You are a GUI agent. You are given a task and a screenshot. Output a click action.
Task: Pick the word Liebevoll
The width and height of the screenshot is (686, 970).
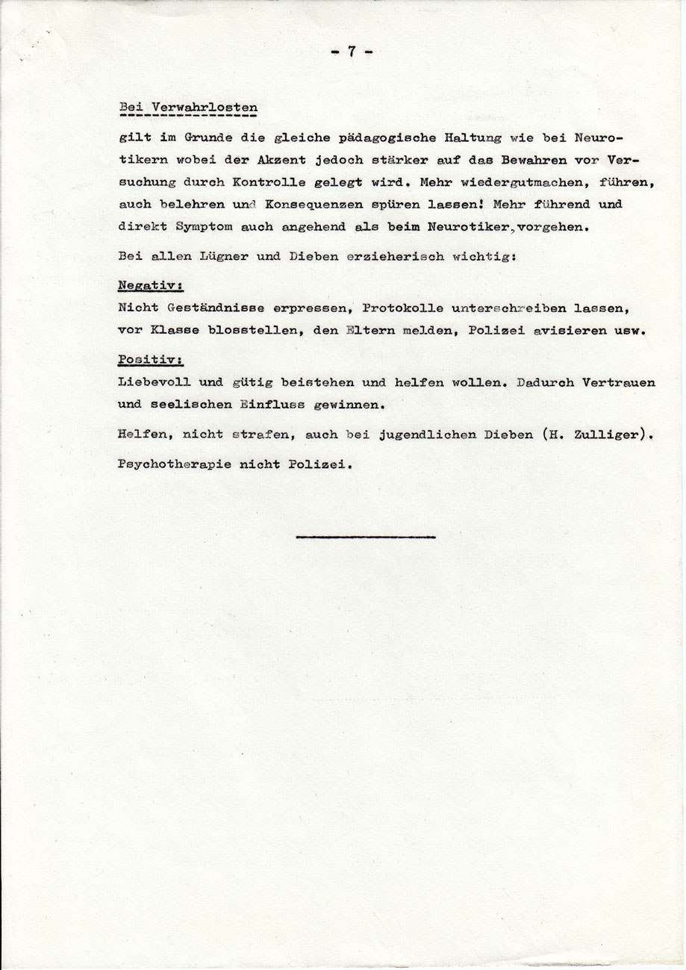(x=155, y=382)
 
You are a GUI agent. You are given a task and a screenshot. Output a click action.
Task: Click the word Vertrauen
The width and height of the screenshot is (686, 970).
(x=618, y=382)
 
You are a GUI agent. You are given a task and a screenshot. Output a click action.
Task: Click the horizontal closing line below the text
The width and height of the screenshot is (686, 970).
(x=366, y=535)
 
